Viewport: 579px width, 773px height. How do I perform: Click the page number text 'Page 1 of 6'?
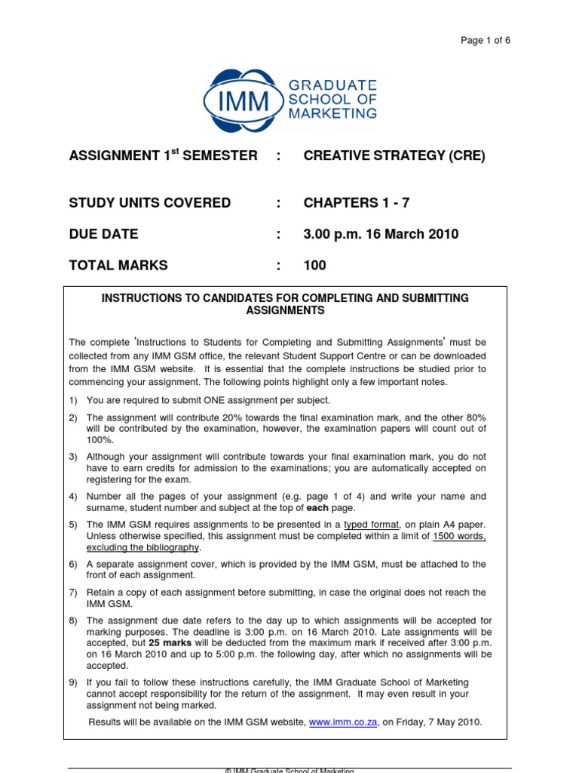486,41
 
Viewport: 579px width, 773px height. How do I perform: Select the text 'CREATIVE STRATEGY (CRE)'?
394,156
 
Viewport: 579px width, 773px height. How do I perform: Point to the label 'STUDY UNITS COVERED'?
150,203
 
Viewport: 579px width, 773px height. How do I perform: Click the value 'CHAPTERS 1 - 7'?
357,203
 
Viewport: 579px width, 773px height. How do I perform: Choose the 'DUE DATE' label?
104,234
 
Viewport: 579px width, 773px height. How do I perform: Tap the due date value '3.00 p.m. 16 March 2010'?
381,234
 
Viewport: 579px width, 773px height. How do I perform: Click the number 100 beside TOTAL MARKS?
315,266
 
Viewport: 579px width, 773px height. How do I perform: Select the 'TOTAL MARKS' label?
118,266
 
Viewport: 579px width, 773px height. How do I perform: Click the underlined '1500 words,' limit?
459,536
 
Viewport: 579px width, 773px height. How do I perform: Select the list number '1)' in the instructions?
74,400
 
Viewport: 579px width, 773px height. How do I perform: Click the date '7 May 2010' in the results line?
455,722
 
